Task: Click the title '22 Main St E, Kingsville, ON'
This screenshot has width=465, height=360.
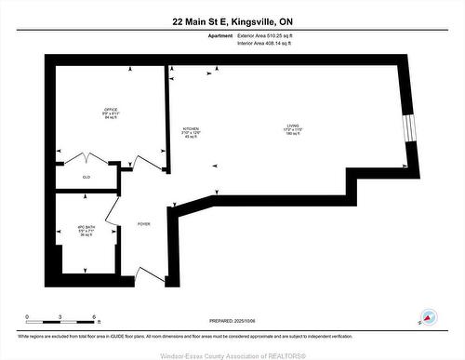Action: pyautogui.click(x=232, y=20)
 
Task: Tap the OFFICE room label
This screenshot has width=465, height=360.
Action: pyautogui.click(x=111, y=114)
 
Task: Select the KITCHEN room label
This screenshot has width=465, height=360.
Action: pyautogui.click(x=191, y=133)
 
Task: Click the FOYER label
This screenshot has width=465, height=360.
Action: pyautogui.click(x=143, y=224)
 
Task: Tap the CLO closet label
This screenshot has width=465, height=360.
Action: pyautogui.click(x=86, y=176)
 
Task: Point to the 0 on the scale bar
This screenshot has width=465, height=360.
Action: pyautogui.click(x=27, y=316)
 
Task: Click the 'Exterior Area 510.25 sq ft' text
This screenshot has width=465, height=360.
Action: pyautogui.click(x=272, y=35)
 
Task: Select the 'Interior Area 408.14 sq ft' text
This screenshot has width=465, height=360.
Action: pyautogui.click(x=271, y=43)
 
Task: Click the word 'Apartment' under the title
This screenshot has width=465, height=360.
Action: pyautogui.click(x=220, y=35)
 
